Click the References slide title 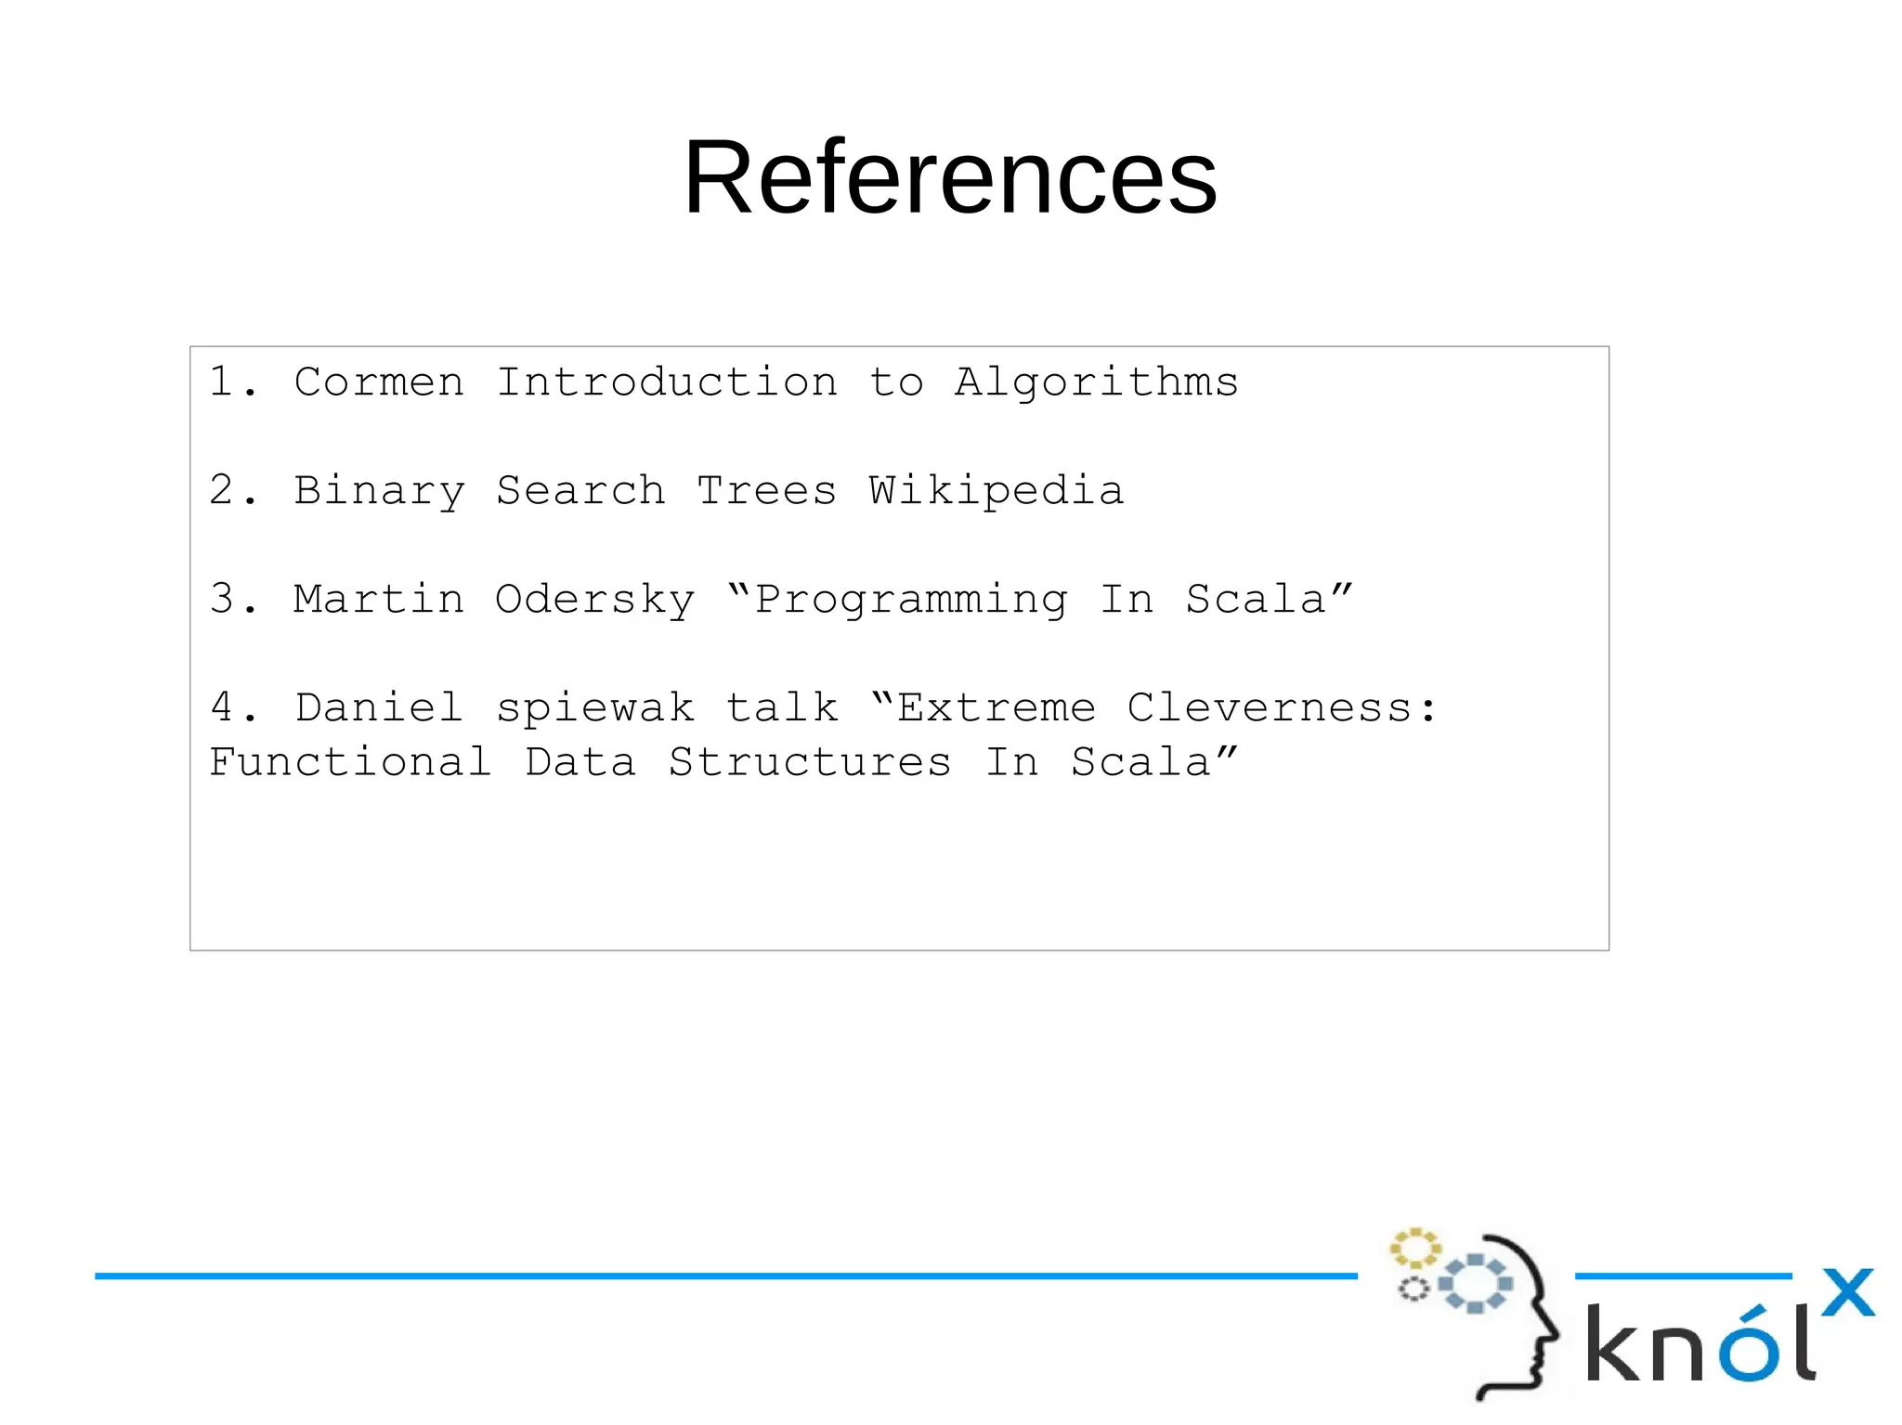[950, 176]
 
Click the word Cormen [379, 382]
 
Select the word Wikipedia [997, 491]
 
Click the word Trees [767, 491]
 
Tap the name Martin [379, 600]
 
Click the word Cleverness [1270, 708]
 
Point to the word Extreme [997, 708]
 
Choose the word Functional [350, 762]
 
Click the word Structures [810, 763]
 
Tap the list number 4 [222, 707]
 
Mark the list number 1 [222, 382]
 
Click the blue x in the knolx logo [1847, 1292]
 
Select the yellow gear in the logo [1414, 1249]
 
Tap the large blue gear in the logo [1475, 1284]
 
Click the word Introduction [667, 382]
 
